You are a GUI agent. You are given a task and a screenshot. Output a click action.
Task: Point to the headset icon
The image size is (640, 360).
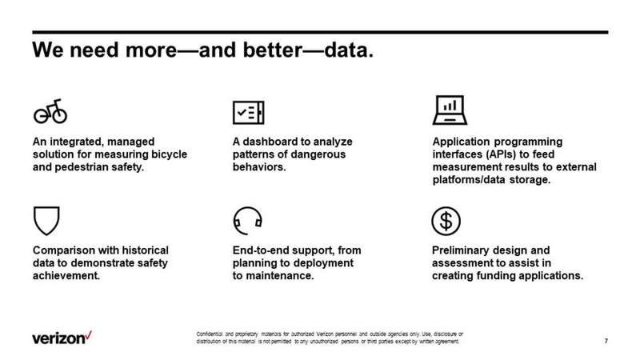coord(247,219)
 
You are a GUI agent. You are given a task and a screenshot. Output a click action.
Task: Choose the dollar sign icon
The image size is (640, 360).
coord(446,219)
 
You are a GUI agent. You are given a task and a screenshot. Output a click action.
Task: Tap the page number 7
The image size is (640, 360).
coord(606,342)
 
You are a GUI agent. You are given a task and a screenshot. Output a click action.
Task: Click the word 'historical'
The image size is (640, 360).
coord(143,250)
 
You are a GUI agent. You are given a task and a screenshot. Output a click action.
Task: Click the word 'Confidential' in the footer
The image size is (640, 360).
coord(213,332)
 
